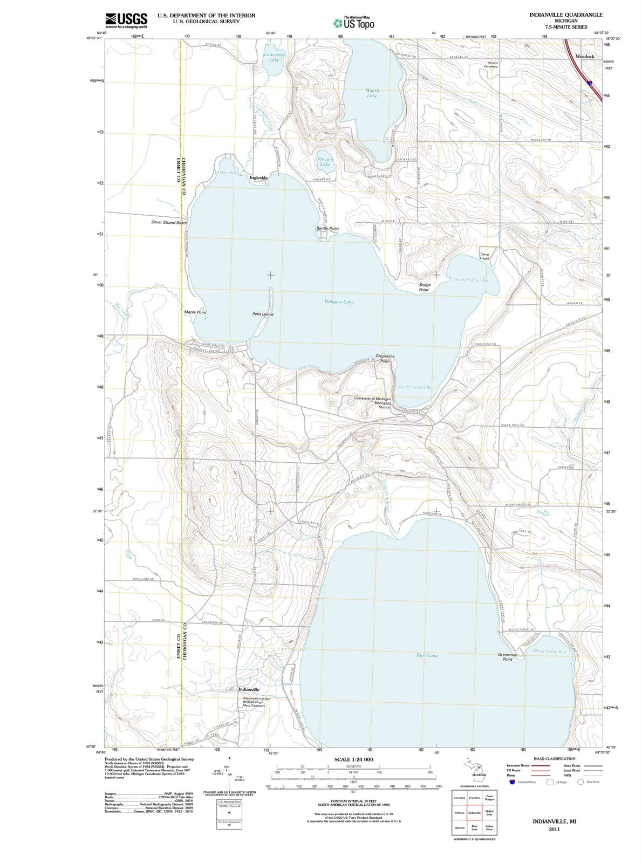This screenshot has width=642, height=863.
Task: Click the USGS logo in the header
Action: tap(126, 20)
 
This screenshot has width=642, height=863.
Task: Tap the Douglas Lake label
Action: tap(339, 302)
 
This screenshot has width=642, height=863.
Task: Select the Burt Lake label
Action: tap(427, 655)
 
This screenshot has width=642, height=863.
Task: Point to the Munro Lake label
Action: tap(372, 93)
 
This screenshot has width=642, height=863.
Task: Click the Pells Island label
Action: tap(263, 314)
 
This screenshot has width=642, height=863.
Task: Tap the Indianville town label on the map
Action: tap(249, 689)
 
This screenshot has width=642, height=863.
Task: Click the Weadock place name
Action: tap(585, 56)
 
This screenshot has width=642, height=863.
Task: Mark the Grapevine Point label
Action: tap(385, 359)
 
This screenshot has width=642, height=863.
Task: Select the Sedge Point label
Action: tap(424, 287)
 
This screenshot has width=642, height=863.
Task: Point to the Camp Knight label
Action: tap(484, 256)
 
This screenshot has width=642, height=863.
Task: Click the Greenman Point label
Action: tap(507, 656)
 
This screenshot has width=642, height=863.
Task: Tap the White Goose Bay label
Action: tap(549, 651)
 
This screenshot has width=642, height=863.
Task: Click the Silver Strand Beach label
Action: tap(169, 222)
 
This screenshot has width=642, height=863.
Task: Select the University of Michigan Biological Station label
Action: tap(372, 403)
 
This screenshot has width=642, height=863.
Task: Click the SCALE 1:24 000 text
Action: tap(353, 759)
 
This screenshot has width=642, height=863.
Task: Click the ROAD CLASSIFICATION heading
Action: tap(554, 758)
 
